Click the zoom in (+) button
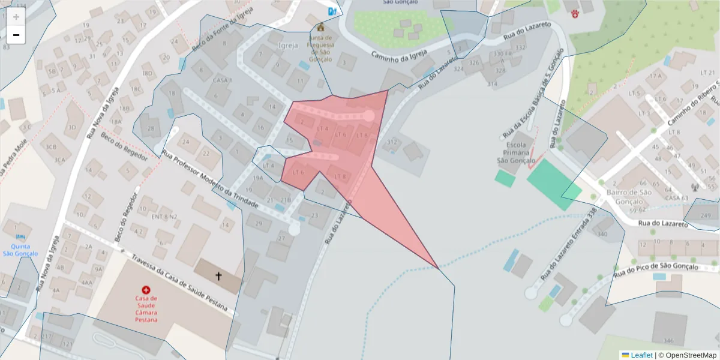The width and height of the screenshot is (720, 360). click(x=16, y=17)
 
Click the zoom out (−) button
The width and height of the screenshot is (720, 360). click(x=16, y=35)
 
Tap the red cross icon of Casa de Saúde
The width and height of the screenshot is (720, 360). click(x=146, y=290)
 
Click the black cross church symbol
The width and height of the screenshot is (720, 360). click(x=218, y=276)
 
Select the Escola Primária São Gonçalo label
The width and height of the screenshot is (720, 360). click(x=515, y=153)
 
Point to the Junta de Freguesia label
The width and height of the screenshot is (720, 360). click(x=320, y=48)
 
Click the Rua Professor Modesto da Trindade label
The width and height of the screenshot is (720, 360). click(x=210, y=180)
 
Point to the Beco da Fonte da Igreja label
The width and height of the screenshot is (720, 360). click(x=218, y=31)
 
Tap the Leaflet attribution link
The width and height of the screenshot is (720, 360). click(x=641, y=355)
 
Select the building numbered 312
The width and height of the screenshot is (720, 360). click(x=392, y=143)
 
